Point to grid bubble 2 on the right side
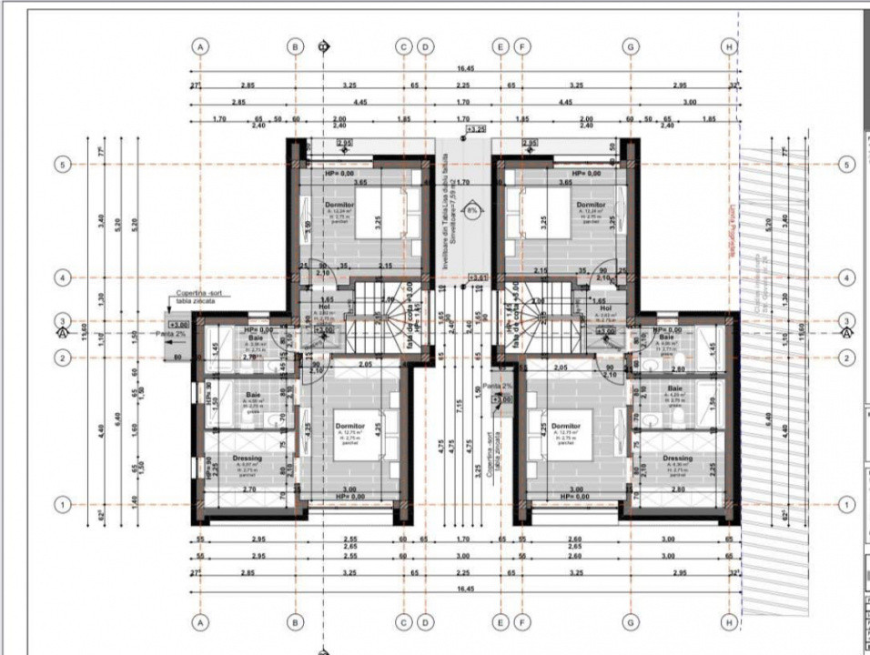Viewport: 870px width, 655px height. pyautogui.click(x=846, y=358)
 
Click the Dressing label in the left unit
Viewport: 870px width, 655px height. pyautogui.click(x=248, y=458)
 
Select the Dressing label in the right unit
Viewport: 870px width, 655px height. pyautogui.click(x=677, y=458)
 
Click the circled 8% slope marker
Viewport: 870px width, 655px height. pyautogui.click(x=472, y=210)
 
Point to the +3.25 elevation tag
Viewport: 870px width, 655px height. pyautogui.click(x=475, y=131)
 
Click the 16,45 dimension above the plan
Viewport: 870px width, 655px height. pyautogui.click(x=465, y=69)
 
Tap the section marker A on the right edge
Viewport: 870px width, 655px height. pyautogui.click(x=846, y=334)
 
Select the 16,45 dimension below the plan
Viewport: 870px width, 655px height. pyautogui.click(x=465, y=589)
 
